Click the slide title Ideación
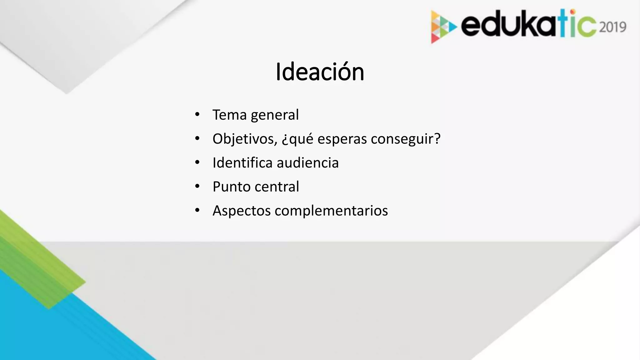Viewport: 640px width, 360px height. click(320, 72)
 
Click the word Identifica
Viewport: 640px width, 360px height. click(242, 163)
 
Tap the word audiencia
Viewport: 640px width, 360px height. click(307, 163)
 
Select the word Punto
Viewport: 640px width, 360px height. click(232, 187)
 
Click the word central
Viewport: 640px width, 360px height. click(277, 187)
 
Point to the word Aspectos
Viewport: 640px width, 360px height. click(242, 211)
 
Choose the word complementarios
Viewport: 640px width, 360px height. click(331, 211)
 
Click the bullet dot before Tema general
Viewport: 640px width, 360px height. click(197, 114)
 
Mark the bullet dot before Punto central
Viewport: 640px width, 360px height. click(197, 186)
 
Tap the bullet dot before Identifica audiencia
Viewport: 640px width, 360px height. click(197, 162)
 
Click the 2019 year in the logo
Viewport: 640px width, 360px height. click(613, 27)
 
